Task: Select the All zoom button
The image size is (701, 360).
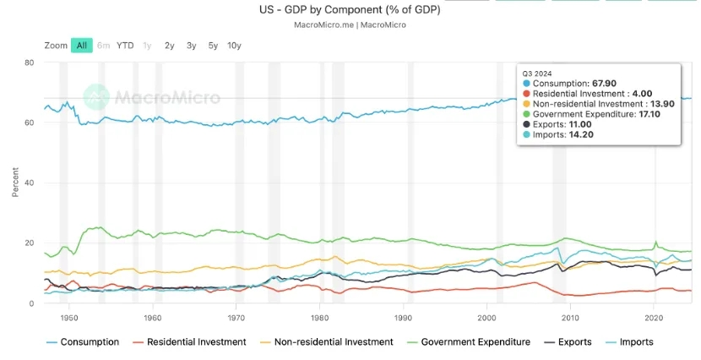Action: click(82, 45)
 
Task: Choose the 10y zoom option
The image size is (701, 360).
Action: click(234, 45)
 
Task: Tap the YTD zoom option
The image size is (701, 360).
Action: click(125, 45)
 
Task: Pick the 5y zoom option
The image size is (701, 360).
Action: click(213, 45)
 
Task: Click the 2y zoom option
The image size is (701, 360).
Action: click(170, 45)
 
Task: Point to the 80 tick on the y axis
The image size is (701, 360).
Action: click(29, 63)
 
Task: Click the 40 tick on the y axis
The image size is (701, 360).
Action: click(29, 183)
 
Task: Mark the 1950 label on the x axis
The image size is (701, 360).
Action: click(69, 318)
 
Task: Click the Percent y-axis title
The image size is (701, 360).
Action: click(15, 183)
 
